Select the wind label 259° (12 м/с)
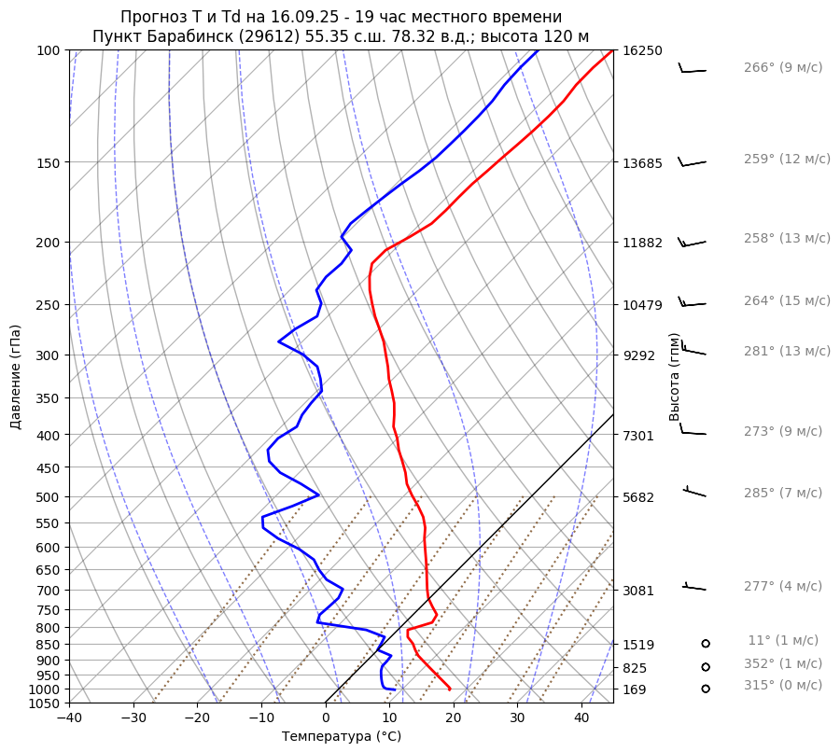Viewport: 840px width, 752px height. tap(787, 159)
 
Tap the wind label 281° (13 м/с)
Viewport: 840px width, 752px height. tap(787, 351)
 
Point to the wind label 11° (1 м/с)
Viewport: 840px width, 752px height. tap(783, 640)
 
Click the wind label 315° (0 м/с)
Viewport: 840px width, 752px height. tap(783, 685)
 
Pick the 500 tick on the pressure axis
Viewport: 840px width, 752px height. tap(49, 496)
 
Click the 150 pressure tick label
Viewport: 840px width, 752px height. tap(49, 162)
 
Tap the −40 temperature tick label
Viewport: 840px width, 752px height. tap(69, 718)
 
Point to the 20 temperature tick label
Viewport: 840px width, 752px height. tap(454, 718)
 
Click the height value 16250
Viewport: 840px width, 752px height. tap(643, 50)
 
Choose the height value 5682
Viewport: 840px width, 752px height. tap(639, 496)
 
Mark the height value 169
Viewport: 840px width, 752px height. tap(636, 689)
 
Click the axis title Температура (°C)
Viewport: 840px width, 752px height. tap(342, 737)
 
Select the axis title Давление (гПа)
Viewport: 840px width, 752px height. tap(16, 377)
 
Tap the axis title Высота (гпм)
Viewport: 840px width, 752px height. tap(675, 377)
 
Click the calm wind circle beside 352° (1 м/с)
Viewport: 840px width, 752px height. tap(706, 666)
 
